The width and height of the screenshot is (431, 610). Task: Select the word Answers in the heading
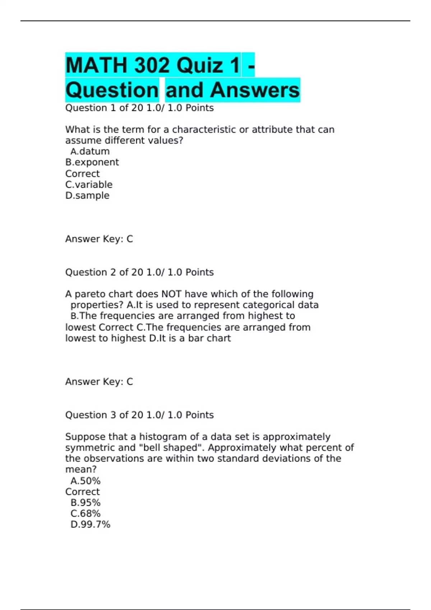(x=255, y=90)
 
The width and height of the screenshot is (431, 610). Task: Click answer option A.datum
(x=90, y=151)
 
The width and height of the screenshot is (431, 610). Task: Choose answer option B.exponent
(x=92, y=162)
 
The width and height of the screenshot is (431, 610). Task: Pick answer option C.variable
(x=89, y=184)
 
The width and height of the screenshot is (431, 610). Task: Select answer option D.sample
(x=87, y=196)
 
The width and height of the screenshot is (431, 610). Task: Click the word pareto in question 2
(x=90, y=294)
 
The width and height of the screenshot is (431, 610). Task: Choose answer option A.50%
(x=85, y=481)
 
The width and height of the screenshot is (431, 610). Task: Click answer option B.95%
(x=85, y=503)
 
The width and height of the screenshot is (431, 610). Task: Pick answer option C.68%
(x=85, y=514)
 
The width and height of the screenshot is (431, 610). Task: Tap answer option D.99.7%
(x=91, y=525)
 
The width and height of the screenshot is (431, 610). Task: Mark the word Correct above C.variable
(x=83, y=174)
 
